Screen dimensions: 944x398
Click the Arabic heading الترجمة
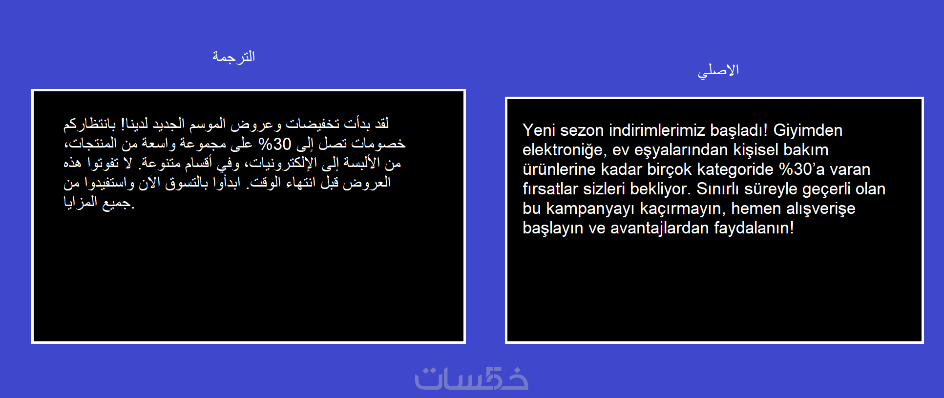233,57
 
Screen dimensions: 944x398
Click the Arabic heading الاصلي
718,71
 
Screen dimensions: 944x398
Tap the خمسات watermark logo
471,378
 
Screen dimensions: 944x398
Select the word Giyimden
808,130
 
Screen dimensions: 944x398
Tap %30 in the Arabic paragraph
275,144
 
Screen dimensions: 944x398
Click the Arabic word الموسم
208,124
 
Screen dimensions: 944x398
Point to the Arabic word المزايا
81,202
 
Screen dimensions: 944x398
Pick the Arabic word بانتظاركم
90,124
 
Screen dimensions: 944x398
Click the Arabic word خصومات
378,144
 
